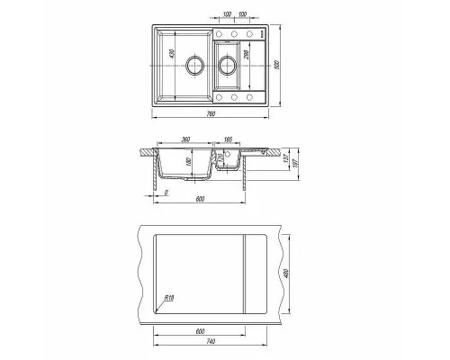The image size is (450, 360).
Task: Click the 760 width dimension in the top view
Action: coord(210,115)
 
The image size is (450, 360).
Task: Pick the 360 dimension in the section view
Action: coord(185,139)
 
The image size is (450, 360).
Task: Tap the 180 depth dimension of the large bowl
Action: coord(187,163)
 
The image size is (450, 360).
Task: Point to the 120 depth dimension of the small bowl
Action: coord(221,160)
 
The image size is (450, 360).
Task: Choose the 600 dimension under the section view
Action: coord(199,200)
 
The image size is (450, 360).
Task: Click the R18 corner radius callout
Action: coord(167,298)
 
